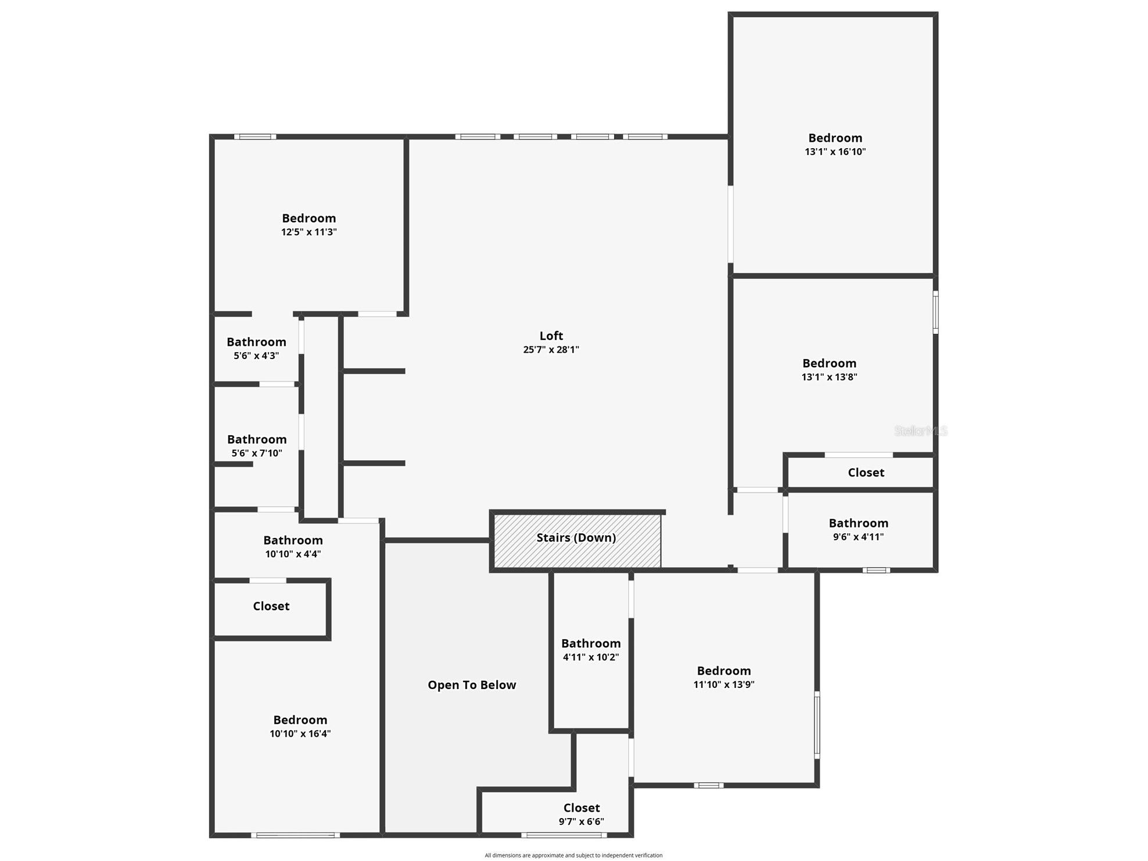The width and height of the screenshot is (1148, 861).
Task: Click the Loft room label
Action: pos(551,336)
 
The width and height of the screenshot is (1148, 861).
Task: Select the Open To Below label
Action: pos(472,685)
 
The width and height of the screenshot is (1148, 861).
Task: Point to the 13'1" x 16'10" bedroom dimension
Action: pos(835,152)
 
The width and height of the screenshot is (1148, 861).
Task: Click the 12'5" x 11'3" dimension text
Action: pos(308,232)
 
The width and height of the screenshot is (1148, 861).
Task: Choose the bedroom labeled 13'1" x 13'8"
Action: pos(829,364)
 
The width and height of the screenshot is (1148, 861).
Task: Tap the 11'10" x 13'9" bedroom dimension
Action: pos(723,684)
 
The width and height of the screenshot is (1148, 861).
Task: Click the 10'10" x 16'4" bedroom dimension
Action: pos(300,734)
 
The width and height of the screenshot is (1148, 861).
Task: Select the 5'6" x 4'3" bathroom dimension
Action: pos(256,356)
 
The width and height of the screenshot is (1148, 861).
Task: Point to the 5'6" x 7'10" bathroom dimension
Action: pos(257,453)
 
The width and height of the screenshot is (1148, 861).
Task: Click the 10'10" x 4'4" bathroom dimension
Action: pos(293,554)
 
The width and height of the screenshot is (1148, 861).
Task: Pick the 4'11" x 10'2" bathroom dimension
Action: pos(590,657)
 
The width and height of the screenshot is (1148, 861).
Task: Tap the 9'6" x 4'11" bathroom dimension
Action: pos(858,537)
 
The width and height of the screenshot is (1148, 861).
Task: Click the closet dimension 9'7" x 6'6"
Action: pos(581,821)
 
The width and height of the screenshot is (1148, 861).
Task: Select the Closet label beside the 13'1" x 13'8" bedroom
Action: pos(866,473)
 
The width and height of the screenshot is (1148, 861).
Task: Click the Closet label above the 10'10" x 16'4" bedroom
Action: pos(271,607)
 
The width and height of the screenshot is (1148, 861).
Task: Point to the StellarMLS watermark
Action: pos(920,430)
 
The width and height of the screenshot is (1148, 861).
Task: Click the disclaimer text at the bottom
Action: pos(573,855)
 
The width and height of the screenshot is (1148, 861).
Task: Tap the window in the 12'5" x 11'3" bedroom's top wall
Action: pos(255,137)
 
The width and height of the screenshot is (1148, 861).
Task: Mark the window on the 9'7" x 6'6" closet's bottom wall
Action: pos(564,835)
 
